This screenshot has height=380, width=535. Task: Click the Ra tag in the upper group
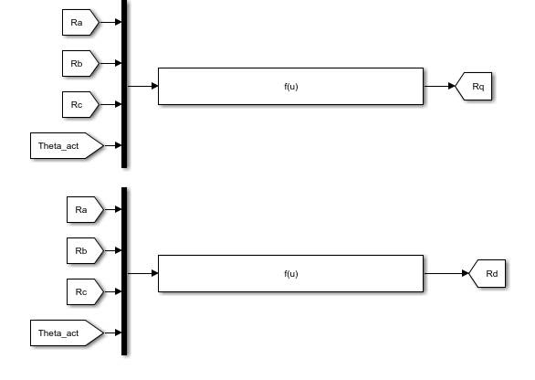coord(81,23)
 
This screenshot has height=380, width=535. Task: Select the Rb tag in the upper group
coord(81,64)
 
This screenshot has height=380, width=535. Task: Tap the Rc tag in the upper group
coord(81,104)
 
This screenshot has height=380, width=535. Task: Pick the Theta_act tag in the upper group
coord(67,146)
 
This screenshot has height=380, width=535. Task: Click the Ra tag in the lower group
coord(85,209)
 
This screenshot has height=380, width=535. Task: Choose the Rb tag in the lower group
coord(85,250)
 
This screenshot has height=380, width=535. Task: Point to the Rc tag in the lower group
coord(85,292)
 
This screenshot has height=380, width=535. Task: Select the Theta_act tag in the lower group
coord(67,332)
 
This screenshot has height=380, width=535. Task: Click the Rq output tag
coord(474,87)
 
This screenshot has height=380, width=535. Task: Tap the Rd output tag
coord(488,273)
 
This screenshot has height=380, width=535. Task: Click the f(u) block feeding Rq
coord(290,87)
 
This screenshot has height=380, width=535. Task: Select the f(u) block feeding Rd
coord(290,273)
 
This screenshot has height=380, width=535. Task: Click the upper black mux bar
coord(124,84)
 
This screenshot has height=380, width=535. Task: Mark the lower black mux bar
coord(124,271)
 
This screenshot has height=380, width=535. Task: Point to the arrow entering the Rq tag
coord(439,86)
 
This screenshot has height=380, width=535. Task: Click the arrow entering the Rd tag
coord(446,273)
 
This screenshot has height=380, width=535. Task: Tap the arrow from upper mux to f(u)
coord(142,86)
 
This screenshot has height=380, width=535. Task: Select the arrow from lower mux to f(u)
coord(142,273)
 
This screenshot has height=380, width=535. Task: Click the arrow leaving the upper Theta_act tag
coord(112,145)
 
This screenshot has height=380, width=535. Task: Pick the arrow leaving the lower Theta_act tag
coord(112,332)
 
